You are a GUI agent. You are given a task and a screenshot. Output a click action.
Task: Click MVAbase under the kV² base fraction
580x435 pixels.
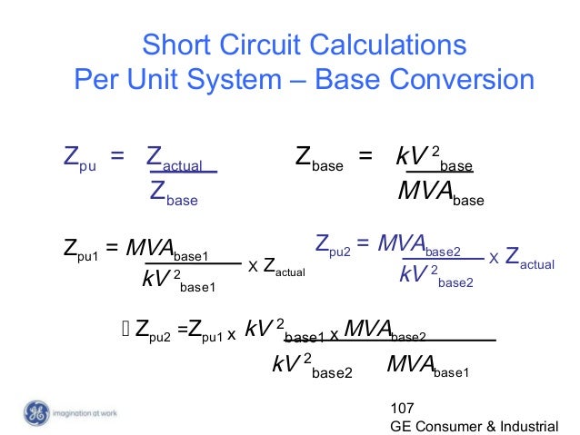point(441,194)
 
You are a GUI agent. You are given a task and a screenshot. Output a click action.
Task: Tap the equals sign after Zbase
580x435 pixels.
point(365,159)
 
